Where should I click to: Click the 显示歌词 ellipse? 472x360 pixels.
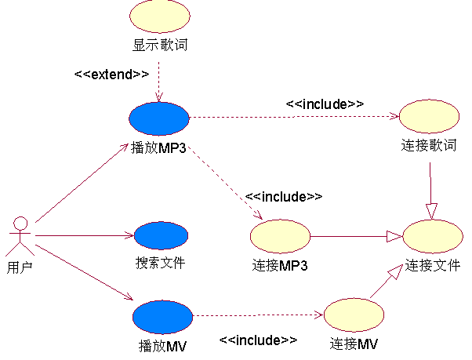coord(159,16)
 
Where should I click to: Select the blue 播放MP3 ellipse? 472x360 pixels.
coord(159,118)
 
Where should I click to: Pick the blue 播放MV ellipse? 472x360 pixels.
coord(162,317)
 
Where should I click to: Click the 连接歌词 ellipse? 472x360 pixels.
coord(429,117)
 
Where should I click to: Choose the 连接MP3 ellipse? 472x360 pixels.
coord(280,235)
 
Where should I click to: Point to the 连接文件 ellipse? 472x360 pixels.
coord(433,235)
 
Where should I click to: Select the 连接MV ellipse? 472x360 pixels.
coord(354,315)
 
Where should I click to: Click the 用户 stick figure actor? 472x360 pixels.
coord(20,234)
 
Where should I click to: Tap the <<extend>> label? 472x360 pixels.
coord(111,75)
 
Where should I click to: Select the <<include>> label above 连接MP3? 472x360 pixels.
coord(284,196)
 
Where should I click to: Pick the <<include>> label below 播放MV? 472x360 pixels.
coord(258,340)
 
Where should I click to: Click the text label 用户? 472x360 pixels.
coord(20,267)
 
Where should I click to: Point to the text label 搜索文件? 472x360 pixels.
coord(160,263)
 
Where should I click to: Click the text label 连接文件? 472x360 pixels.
coord(433,265)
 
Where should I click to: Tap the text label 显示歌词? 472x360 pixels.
coord(159,45)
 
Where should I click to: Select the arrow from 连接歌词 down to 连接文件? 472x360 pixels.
coord(430,188)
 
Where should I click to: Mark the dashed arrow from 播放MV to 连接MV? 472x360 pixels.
coord(259,316)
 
